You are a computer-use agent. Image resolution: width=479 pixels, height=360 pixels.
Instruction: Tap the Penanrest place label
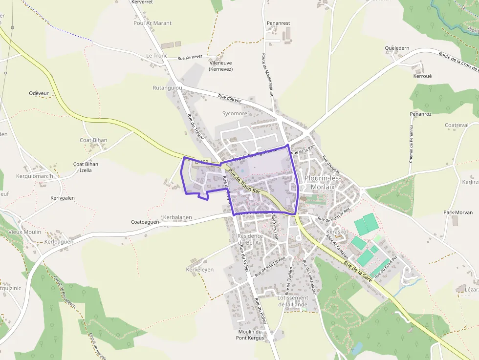[x=278, y=23]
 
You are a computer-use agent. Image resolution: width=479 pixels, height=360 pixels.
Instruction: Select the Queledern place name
[x=397, y=48]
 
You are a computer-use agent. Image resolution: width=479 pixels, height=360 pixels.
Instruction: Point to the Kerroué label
[x=422, y=76]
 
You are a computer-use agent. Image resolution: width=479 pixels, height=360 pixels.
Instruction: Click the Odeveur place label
[x=39, y=93]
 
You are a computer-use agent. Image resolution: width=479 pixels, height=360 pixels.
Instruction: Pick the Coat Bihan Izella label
[x=86, y=167]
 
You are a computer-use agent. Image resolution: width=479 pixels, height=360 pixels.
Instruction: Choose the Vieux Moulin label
[x=25, y=232]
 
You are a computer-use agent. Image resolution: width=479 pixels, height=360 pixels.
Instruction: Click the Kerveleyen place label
[x=200, y=270]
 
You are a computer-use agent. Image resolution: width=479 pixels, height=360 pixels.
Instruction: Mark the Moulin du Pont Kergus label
[x=251, y=335]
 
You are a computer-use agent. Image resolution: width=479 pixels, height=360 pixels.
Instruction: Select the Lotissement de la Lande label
[x=293, y=301]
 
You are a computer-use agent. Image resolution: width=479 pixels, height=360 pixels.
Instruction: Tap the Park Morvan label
[x=457, y=212]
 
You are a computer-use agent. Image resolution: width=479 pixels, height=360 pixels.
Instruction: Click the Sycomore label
[x=235, y=114]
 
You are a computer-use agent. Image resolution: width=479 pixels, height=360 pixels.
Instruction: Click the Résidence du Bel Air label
[x=250, y=239]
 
